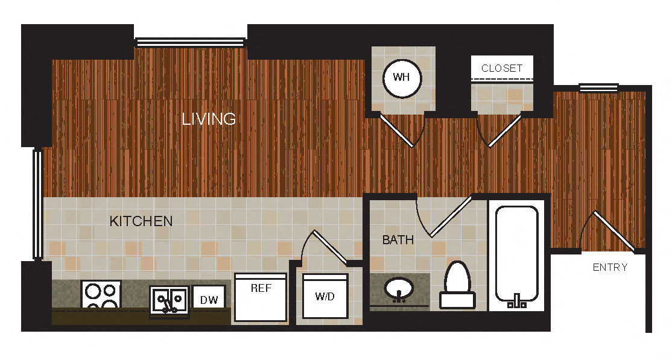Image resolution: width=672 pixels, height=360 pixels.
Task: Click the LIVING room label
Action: click(209, 119)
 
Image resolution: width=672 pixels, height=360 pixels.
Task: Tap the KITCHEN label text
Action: click(141, 221)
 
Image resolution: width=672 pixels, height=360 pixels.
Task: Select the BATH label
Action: click(398, 240)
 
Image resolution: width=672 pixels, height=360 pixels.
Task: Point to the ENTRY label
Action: click(610, 267)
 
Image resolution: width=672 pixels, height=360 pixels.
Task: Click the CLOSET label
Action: click(502, 68)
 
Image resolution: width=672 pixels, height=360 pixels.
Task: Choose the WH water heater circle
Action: click(402, 78)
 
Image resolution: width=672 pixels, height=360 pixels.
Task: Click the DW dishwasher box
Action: click(209, 297)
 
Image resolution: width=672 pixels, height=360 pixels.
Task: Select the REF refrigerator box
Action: click(261, 298)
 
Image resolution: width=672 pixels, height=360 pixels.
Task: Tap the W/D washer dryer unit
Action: click(326, 296)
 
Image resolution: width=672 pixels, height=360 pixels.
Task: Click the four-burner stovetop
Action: click(101, 295)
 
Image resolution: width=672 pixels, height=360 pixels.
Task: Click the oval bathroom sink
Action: click(398, 289)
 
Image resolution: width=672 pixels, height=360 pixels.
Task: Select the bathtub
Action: click(516, 253)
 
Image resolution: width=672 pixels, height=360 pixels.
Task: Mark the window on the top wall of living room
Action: click(191, 42)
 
